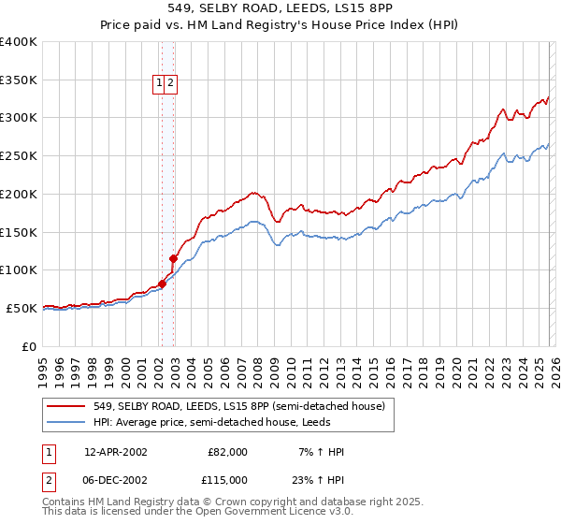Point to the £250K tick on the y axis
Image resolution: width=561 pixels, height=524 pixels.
coord(19,155)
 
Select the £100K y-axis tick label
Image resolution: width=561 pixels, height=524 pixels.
coord(19,269)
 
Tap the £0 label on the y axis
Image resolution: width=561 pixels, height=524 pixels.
coord(29,346)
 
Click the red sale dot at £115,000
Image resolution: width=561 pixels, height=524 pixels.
coord(174,258)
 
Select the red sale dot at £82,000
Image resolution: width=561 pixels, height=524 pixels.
coord(163,284)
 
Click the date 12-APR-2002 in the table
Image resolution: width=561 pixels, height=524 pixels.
coord(115,452)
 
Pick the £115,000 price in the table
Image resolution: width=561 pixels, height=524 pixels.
coord(227,479)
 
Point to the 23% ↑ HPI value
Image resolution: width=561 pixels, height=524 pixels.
coord(318,479)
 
